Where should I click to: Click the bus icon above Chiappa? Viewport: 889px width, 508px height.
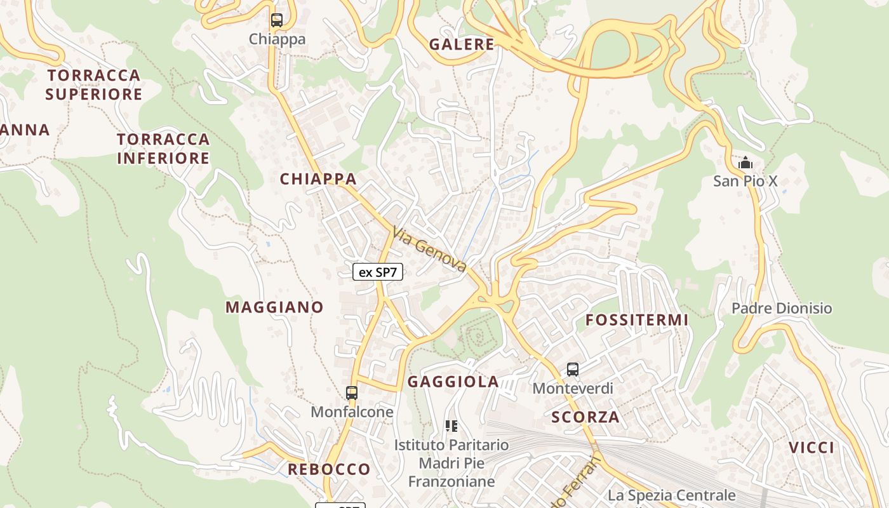[276, 20]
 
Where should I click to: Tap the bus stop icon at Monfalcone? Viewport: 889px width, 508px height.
[352, 393]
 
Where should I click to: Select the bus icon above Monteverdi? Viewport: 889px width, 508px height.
[573, 369]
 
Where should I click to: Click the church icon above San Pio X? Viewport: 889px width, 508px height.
[745, 163]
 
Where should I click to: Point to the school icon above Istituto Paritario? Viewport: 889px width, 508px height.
[451, 425]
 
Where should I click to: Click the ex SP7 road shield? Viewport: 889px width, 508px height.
[378, 272]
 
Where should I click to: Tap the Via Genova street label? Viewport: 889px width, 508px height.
[430, 250]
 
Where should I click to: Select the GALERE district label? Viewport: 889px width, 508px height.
[462, 44]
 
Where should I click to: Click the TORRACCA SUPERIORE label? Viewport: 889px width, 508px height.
[94, 84]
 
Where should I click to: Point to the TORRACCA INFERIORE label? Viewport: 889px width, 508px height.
[163, 149]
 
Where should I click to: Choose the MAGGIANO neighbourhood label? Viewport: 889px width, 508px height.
[274, 307]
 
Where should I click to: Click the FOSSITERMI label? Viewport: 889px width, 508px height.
[637, 320]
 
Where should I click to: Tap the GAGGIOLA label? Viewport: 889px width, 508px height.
[453, 382]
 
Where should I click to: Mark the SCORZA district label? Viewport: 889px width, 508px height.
[585, 417]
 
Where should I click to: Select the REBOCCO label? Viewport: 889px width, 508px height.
[329, 469]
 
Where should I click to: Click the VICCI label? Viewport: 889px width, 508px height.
[812, 448]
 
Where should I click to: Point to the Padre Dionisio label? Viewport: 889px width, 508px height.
[782, 309]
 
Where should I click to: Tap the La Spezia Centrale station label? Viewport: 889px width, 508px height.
[672, 495]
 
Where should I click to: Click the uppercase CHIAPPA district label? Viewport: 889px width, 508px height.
[318, 179]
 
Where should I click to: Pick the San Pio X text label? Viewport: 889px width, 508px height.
[745, 181]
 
